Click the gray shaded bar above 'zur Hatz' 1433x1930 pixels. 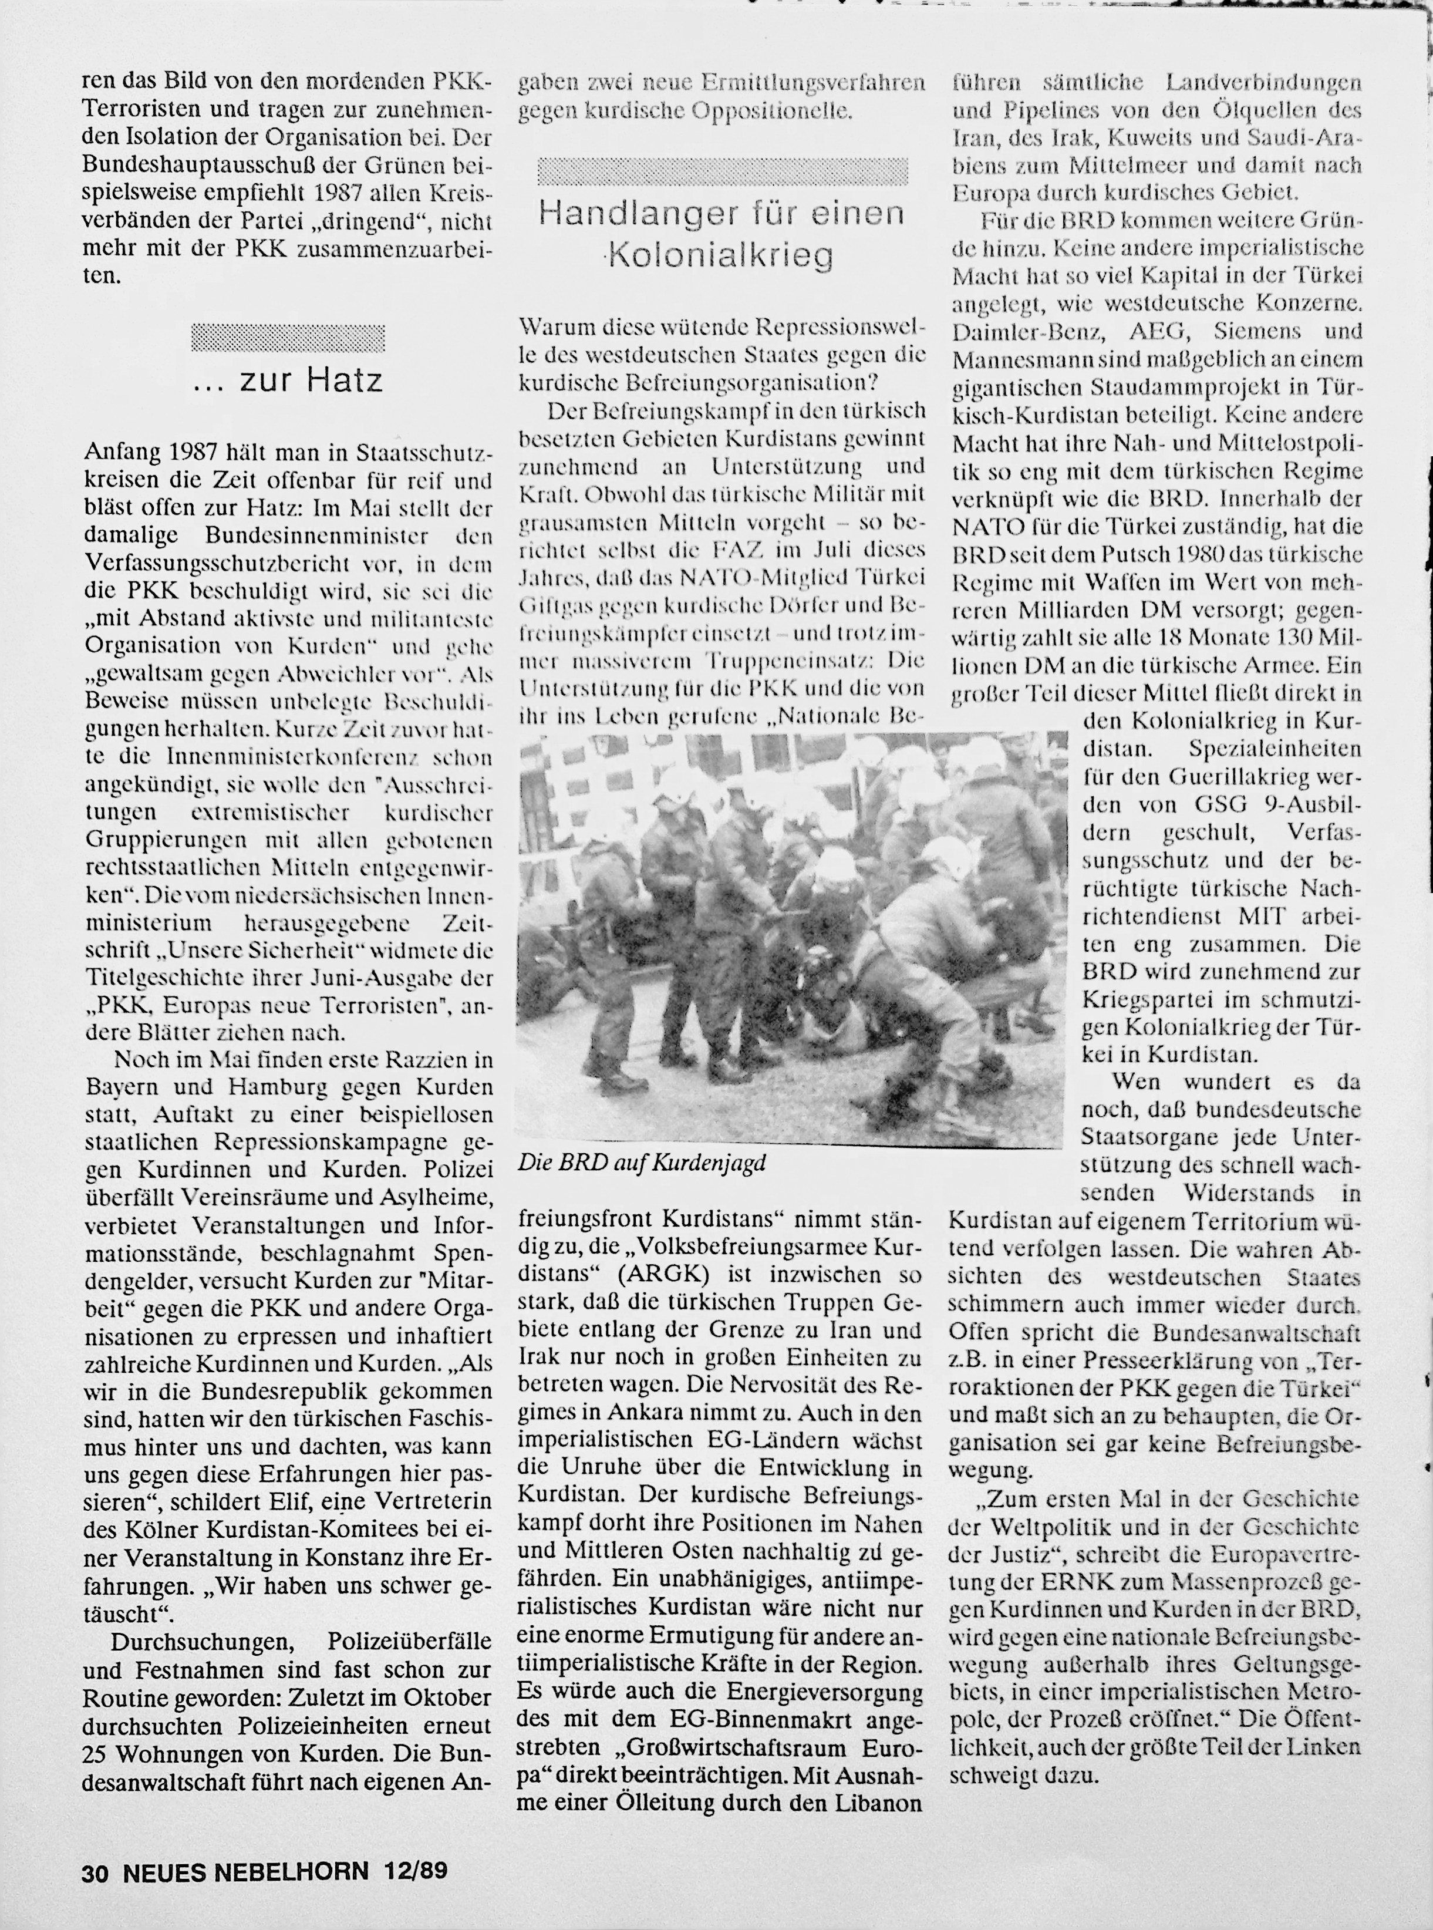288,338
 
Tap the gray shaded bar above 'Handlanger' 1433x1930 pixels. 723,172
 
